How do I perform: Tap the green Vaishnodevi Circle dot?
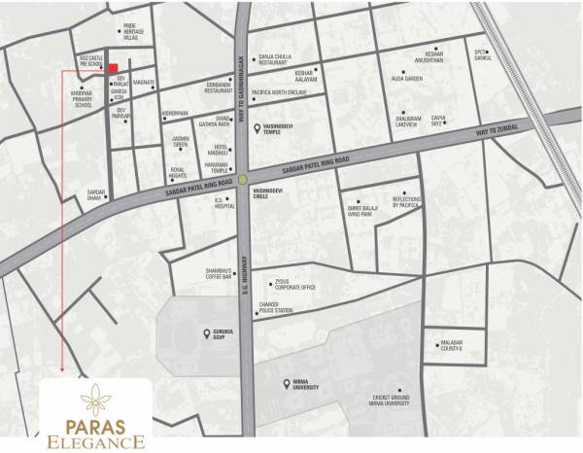click(x=244, y=177)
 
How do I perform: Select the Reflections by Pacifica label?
click(x=407, y=201)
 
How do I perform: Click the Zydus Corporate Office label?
click(x=295, y=286)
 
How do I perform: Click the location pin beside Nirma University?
click(x=276, y=382)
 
